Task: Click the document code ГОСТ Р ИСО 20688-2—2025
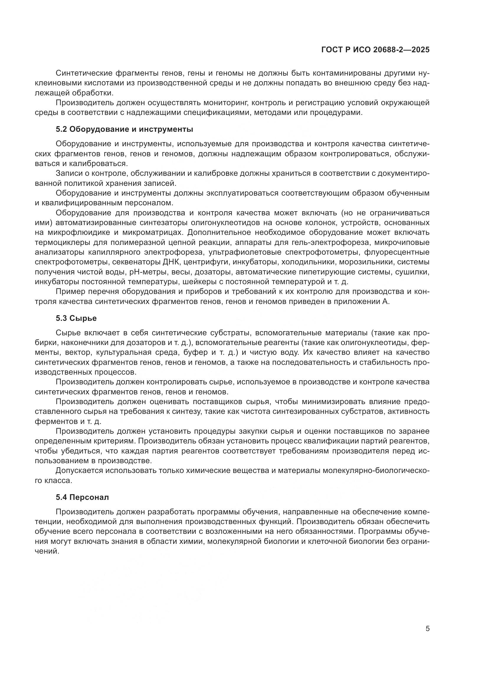375,50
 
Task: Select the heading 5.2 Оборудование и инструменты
124,129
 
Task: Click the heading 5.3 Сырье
76,318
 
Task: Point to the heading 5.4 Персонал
82,497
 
